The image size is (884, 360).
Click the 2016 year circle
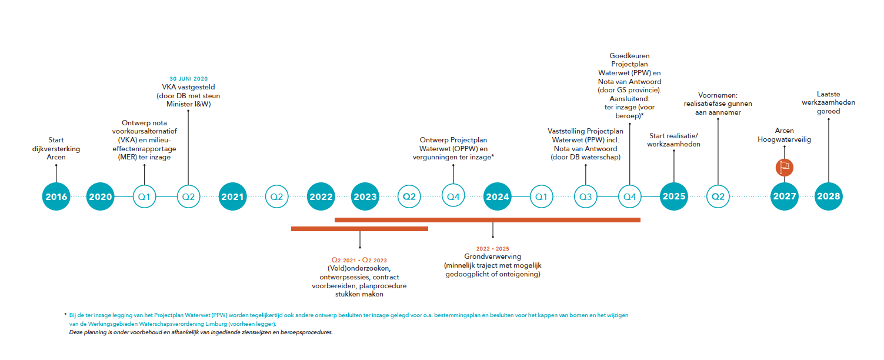click(56, 196)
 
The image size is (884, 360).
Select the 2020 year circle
click(100, 196)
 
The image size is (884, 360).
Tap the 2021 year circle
click(232, 196)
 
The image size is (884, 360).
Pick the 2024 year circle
click(497, 196)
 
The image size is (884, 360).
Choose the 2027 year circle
click(784, 196)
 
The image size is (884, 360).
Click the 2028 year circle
click(828, 196)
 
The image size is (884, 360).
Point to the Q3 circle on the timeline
click(586, 196)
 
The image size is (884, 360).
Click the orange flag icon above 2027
click(784, 168)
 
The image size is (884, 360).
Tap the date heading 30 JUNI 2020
click(189, 79)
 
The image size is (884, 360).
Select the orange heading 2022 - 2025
click(492, 249)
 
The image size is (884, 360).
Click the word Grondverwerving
click(492, 256)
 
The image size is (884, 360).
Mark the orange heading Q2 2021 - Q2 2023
click(359, 260)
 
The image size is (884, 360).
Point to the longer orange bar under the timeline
click(488, 220)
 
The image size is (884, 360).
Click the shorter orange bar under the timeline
click(359, 229)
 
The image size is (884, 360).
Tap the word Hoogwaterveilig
click(784, 139)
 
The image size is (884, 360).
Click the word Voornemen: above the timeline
click(718, 95)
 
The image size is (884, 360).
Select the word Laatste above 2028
click(828, 94)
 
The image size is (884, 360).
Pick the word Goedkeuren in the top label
click(629, 56)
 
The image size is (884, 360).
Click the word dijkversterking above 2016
click(56, 149)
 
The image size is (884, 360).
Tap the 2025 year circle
click(673, 196)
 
